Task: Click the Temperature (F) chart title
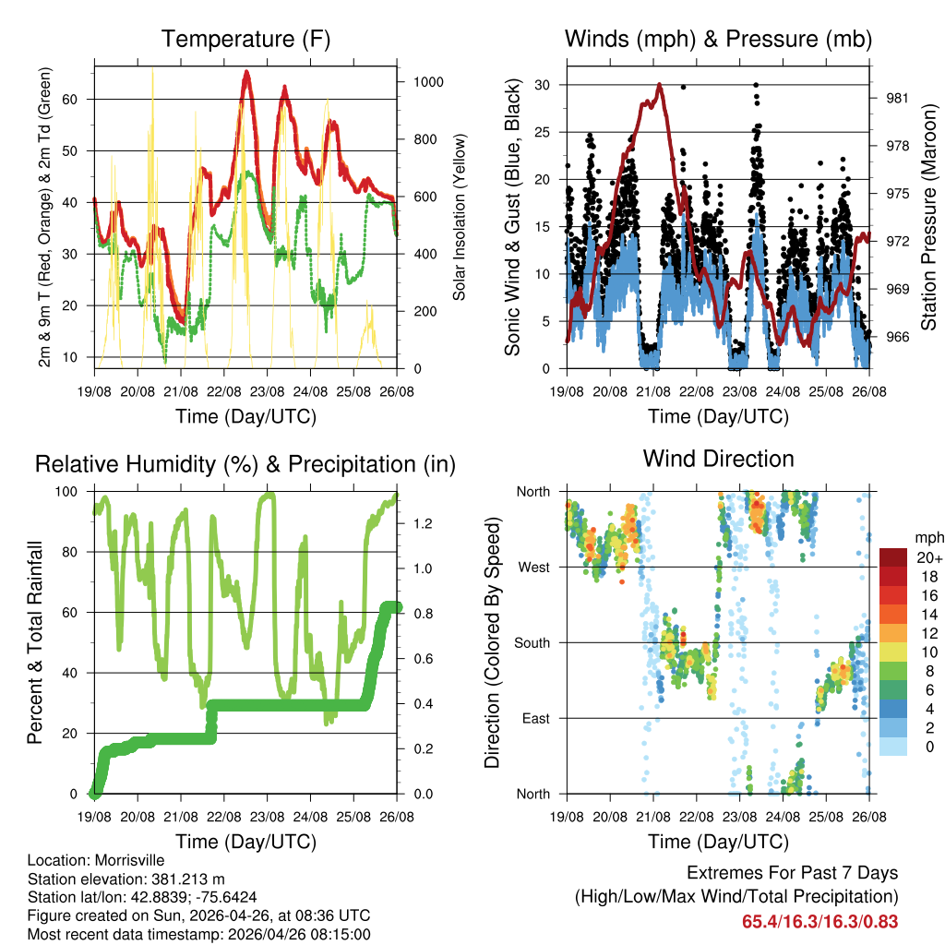pyautogui.click(x=245, y=40)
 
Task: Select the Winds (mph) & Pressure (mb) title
pyautogui.click(x=718, y=40)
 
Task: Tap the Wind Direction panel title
pyautogui.click(x=718, y=459)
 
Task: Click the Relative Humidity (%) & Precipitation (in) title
pyautogui.click(x=245, y=464)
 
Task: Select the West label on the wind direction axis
pyautogui.click(x=533, y=567)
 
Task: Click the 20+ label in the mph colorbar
pyautogui.click(x=927, y=557)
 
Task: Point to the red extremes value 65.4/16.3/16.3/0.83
pyautogui.click(x=819, y=921)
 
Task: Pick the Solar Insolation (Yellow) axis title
pyautogui.click(x=459, y=217)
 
